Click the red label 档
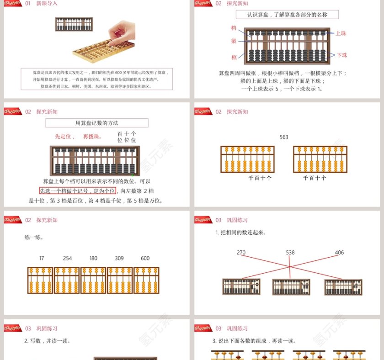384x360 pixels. (x=234, y=28)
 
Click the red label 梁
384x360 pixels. (x=234, y=41)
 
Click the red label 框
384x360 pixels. (x=234, y=57)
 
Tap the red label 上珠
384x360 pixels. (x=341, y=33)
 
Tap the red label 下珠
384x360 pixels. (x=342, y=55)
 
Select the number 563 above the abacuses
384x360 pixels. (x=284, y=137)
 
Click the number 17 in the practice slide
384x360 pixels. (x=42, y=258)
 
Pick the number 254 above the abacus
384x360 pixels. (x=67, y=258)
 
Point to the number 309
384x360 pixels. (x=119, y=258)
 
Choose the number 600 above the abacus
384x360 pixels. (x=145, y=258)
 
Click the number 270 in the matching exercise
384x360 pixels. (x=241, y=253)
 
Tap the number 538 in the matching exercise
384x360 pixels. (x=290, y=253)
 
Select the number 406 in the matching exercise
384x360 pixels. (x=339, y=253)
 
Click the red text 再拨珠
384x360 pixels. (x=92, y=136)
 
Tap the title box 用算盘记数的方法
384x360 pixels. (x=97, y=123)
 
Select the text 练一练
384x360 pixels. (x=34, y=237)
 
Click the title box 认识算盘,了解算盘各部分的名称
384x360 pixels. (x=287, y=15)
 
